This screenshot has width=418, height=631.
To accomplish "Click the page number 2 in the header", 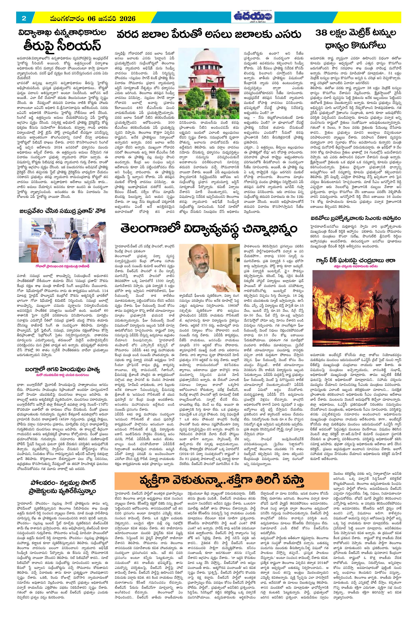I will (24, 18).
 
